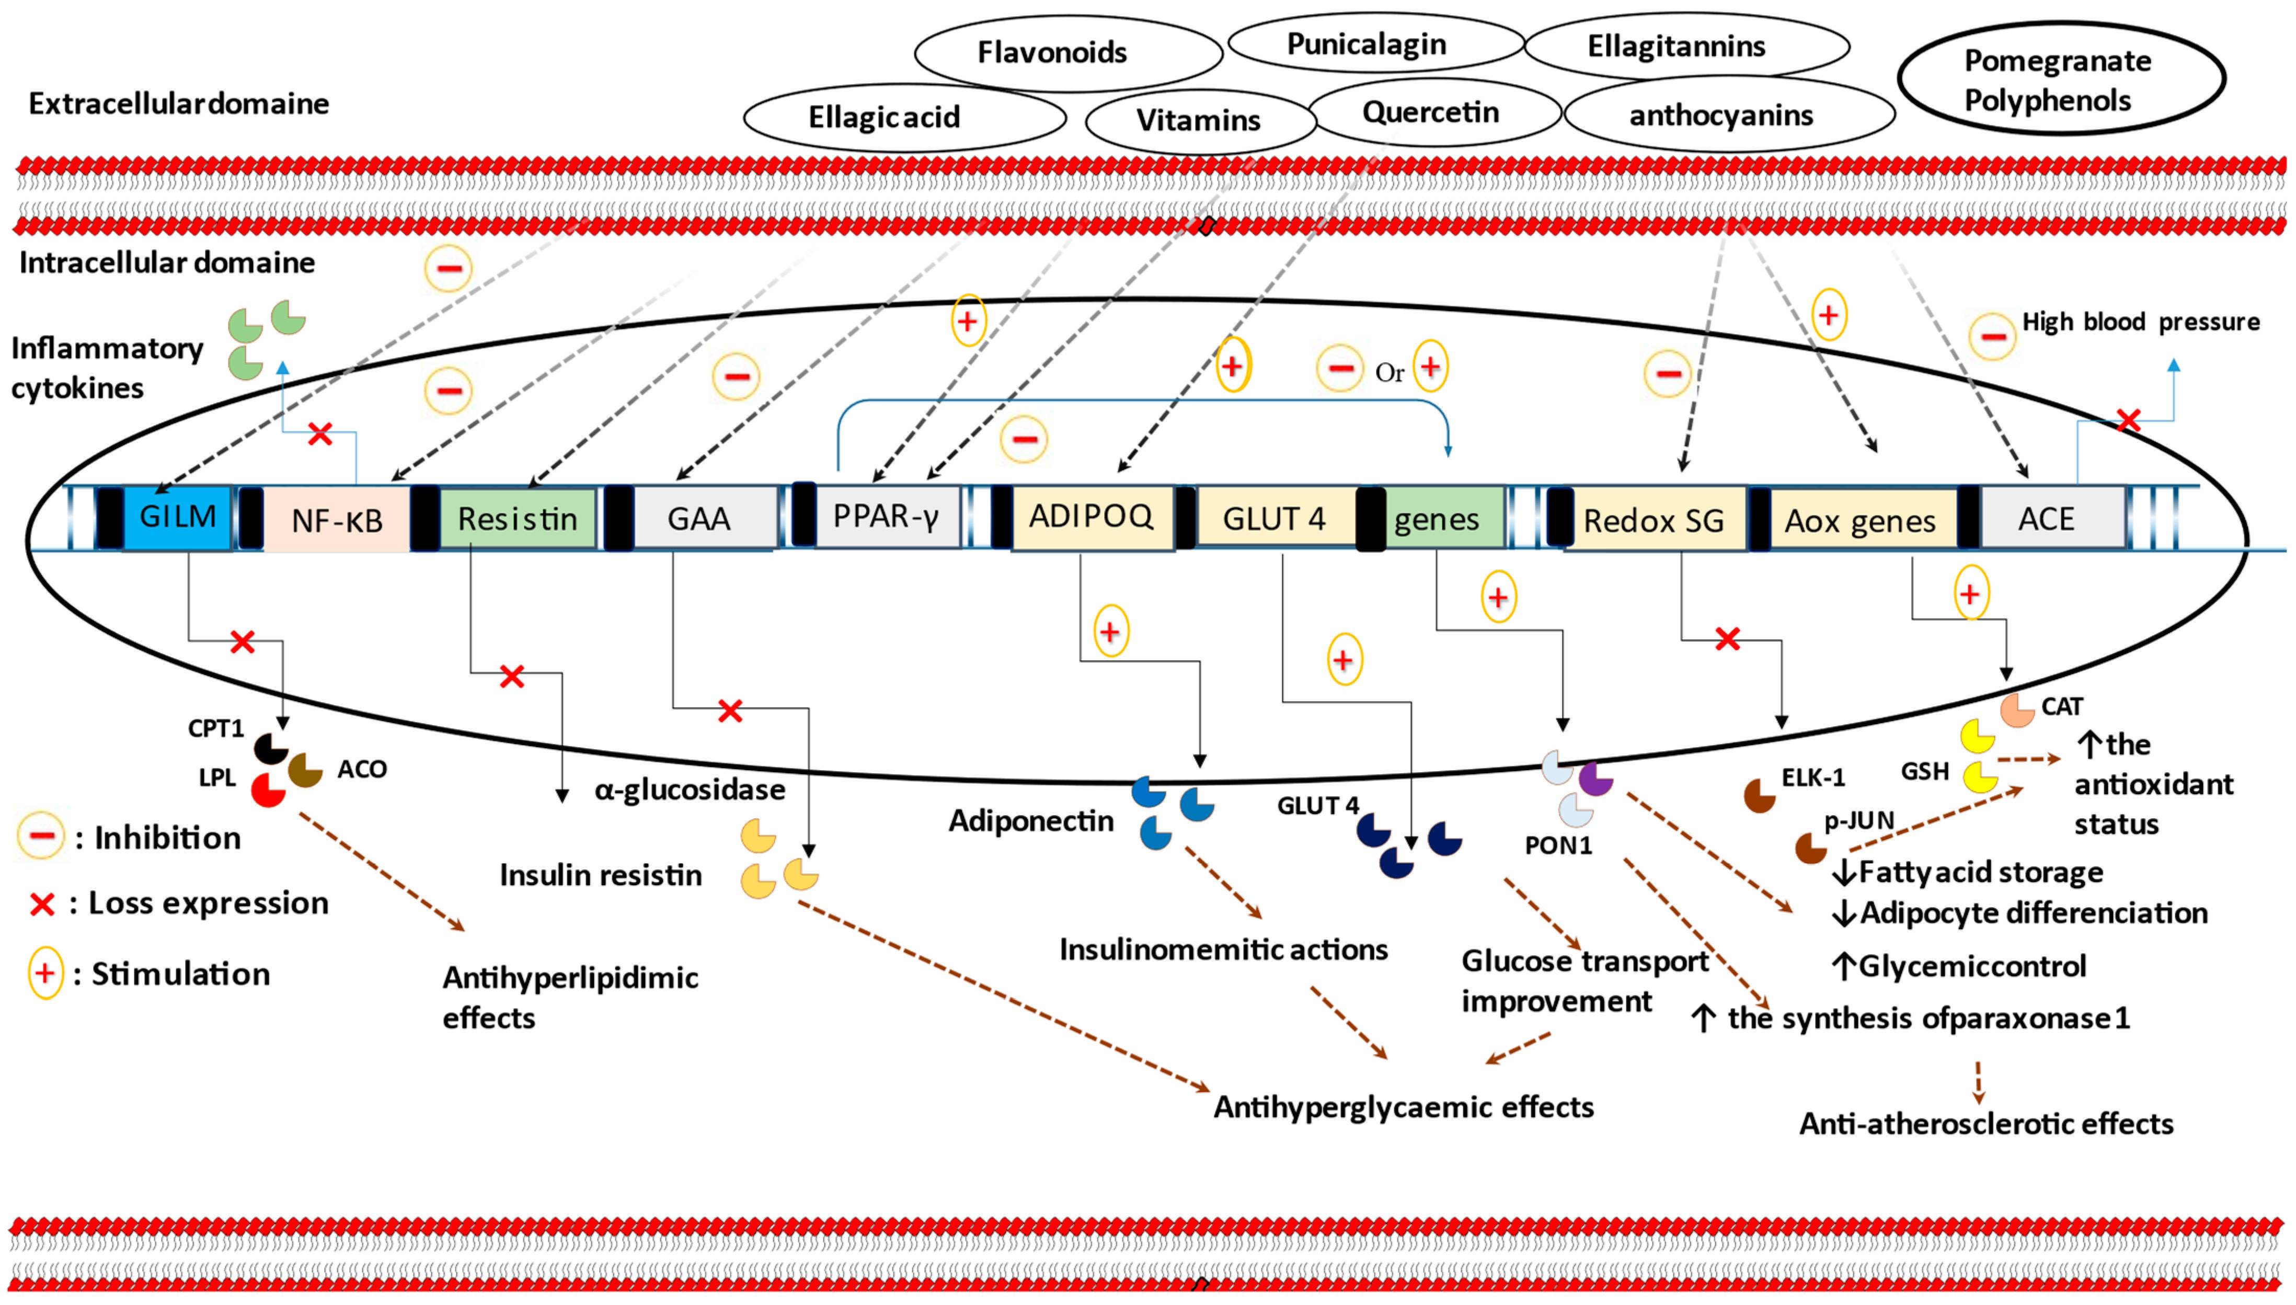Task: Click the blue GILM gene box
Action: click(177, 517)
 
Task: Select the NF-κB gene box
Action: click(337, 519)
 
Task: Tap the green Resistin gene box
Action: click(517, 518)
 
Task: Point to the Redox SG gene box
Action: click(1654, 520)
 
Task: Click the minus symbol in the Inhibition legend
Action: click(40, 836)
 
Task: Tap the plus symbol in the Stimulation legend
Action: click(45, 972)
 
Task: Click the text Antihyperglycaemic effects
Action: click(1404, 1107)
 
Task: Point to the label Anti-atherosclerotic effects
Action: click(1986, 1123)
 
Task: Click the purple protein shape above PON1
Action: click(1595, 779)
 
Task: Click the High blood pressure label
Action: click(2140, 322)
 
